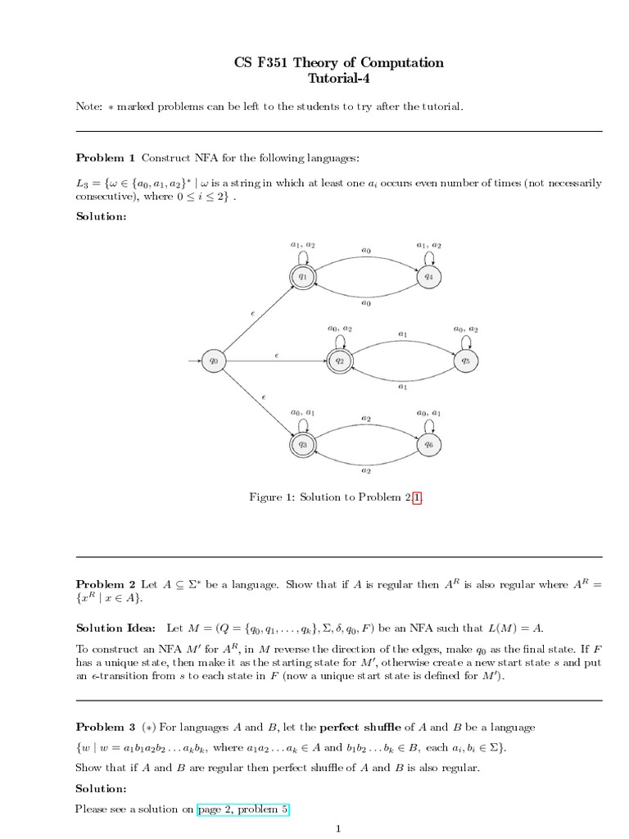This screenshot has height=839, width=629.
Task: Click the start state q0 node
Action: point(214,359)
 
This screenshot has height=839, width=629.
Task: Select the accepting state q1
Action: point(302,276)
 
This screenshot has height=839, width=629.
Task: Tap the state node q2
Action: point(338,359)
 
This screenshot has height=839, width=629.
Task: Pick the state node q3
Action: point(302,443)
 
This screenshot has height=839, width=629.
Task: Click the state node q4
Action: point(428,276)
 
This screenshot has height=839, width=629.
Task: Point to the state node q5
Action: point(464,359)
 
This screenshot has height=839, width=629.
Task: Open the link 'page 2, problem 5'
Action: point(243,809)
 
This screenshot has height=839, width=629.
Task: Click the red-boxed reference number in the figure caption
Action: point(418,497)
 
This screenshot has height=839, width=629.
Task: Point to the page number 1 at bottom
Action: point(339,828)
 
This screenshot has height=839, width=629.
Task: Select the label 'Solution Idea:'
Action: point(115,628)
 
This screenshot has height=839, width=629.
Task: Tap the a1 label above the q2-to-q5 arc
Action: point(402,333)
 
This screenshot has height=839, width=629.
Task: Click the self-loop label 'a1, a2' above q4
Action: point(428,245)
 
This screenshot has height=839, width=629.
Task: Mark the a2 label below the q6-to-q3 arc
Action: point(365,471)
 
